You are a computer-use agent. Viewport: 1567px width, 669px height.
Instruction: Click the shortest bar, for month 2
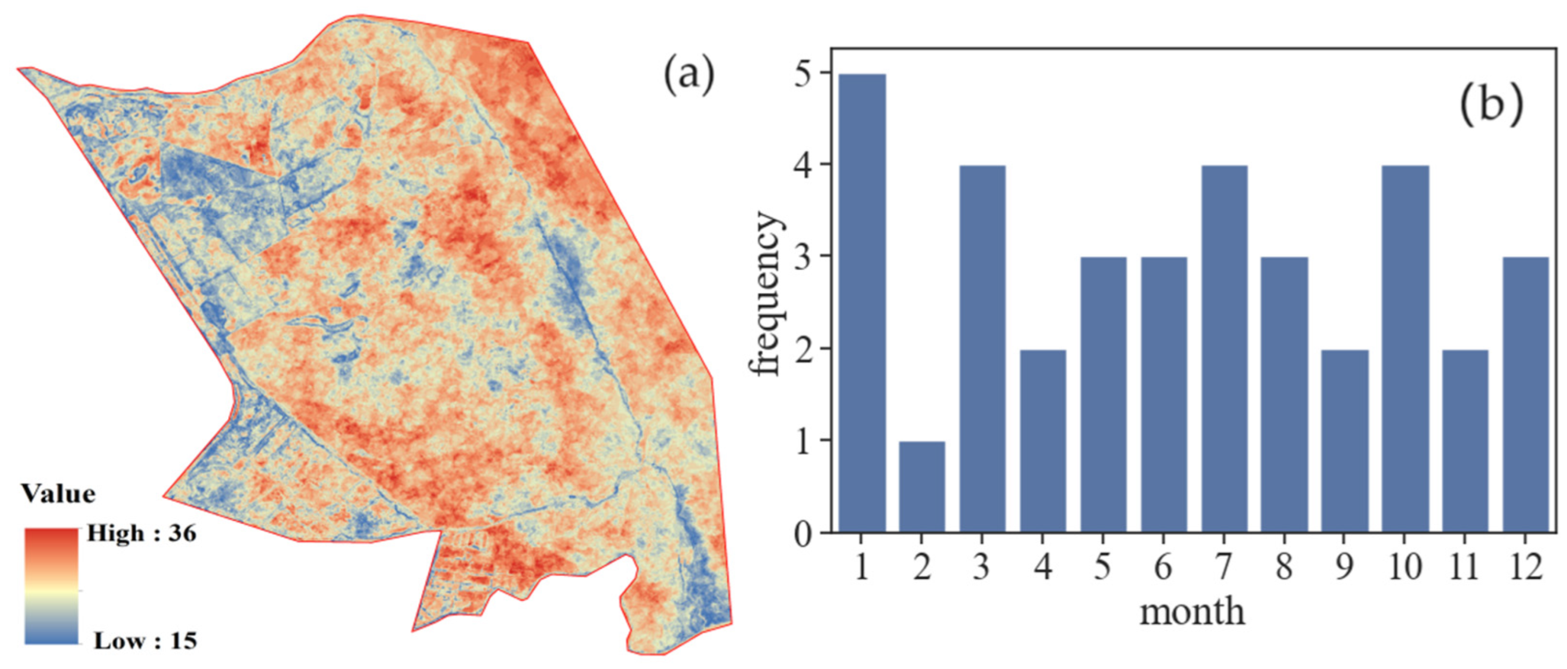click(x=922, y=487)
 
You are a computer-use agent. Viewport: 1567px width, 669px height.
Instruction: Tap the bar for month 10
click(x=1405, y=349)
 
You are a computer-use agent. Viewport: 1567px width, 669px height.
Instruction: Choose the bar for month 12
click(x=1525, y=395)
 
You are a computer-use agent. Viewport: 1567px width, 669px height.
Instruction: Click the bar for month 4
click(x=1043, y=442)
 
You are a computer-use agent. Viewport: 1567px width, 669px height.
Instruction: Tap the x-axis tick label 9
click(x=1344, y=567)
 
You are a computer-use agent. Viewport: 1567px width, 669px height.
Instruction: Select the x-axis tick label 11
click(x=1464, y=567)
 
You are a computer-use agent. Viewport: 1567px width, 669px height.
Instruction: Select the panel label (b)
click(x=1491, y=107)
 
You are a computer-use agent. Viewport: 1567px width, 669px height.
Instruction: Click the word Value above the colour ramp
click(x=59, y=494)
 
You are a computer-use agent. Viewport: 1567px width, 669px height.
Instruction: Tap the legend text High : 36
click(x=141, y=534)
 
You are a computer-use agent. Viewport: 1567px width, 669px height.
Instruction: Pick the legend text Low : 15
click(x=145, y=641)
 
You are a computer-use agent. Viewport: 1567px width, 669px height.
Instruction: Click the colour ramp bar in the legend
click(x=52, y=585)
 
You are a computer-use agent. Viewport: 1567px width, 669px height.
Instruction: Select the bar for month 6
click(x=1164, y=395)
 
